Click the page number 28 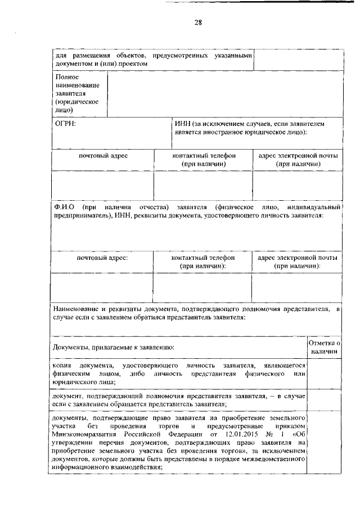point(198,23)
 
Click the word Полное point(66,76)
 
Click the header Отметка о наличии point(325,347)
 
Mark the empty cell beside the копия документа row point(325,373)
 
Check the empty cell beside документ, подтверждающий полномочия point(325,400)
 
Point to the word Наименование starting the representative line point(76,309)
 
